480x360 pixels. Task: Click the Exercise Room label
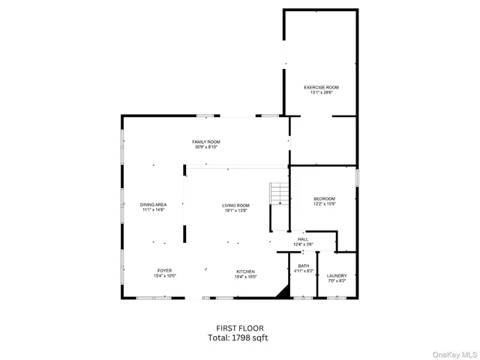click(321, 88)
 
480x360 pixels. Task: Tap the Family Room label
click(206, 142)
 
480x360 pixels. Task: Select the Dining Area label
click(153, 205)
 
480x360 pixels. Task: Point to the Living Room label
click(235, 205)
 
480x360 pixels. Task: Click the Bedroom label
click(324, 199)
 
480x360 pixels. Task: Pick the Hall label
click(303, 240)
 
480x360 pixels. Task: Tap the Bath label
click(303, 265)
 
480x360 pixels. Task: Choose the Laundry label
click(337, 275)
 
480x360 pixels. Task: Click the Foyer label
click(164, 271)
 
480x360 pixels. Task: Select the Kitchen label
click(246, 271)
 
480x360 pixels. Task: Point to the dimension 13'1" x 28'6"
click(321, 93)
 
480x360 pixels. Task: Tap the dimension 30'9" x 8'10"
click(206, 147)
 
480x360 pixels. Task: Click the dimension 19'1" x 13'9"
click(235, 211)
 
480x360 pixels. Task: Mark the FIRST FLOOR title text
click(239, 328)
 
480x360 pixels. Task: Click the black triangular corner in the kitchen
click(283, 291)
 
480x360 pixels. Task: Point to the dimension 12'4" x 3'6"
click(303, 244)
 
